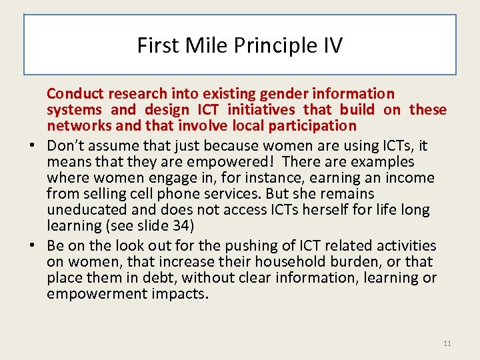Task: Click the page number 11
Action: (447, 343)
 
